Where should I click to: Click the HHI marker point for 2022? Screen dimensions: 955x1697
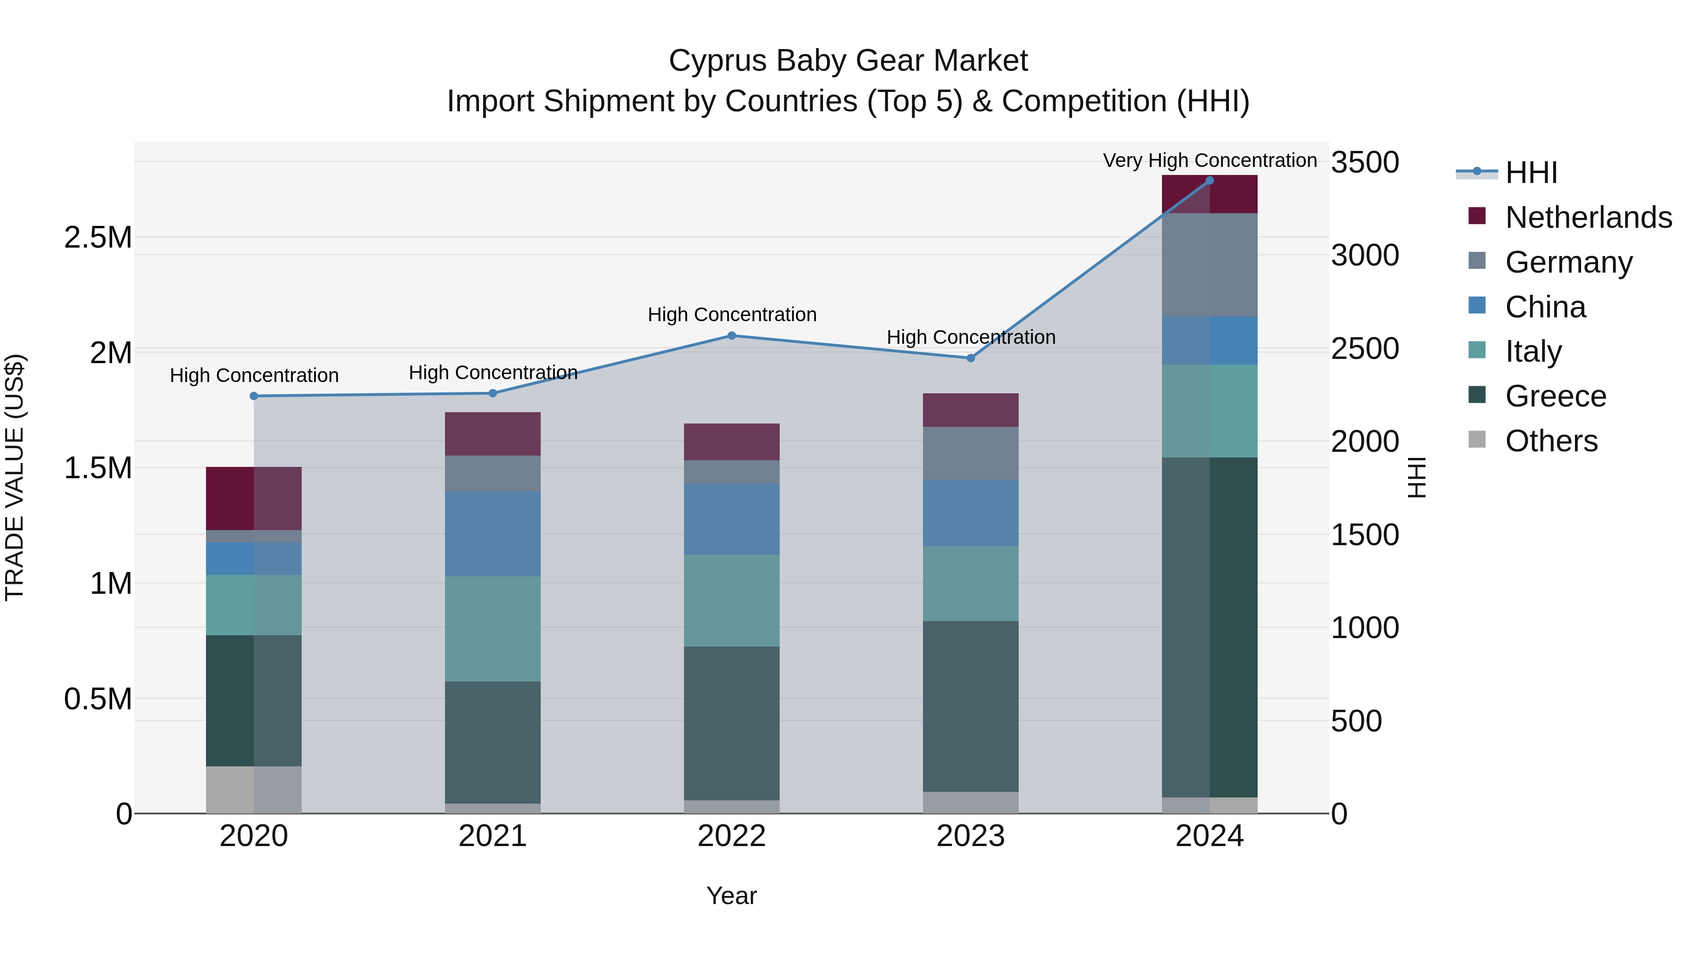[731, 335]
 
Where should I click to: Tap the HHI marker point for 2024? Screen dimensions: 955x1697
[1210, 181]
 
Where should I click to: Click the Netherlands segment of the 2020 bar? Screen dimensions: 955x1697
[254, 498]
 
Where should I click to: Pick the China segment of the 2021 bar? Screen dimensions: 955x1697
[493, 534]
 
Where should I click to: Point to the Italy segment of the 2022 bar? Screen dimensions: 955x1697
[731, 600]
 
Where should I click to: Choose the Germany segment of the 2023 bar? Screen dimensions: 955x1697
[971, 453]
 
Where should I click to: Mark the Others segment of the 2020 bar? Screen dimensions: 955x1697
[254, 789]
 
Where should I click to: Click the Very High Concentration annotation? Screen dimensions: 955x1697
[1210, 160]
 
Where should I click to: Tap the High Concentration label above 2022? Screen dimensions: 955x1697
[731, 315]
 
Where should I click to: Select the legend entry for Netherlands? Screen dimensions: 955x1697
[1588, 217]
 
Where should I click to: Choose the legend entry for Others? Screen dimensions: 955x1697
[1551, 441]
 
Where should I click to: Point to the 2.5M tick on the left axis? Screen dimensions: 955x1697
[98, 237]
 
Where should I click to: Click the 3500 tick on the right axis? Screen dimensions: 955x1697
[1364, 162]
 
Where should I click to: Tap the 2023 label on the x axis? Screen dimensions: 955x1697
[971, 836]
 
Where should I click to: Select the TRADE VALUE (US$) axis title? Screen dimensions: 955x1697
[15, 477]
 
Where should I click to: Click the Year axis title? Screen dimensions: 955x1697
[731, 896]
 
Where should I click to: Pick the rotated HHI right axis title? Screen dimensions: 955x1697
[1417, 477]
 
